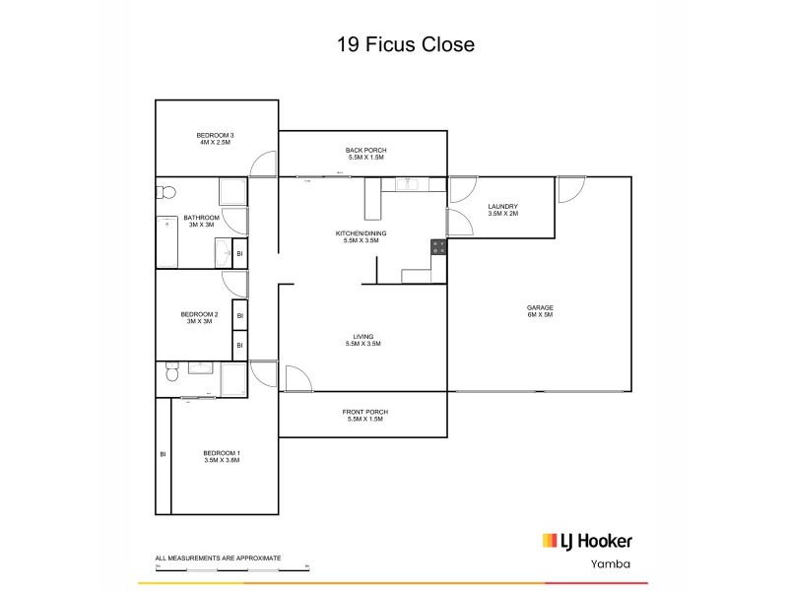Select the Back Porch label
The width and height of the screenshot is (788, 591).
pyautogui.click(x=364, y=154)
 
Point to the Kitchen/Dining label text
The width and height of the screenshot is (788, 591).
pyautogui.click(x=364, y=236)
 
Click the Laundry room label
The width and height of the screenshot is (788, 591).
pyautogui.click(x=503, y=209)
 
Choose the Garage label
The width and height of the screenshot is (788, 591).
pyautogui.click(x=540, y=312)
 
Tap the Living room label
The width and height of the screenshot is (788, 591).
pyautogui.click(x=363, y=340)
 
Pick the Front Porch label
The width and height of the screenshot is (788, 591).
pyautogui.click(x=364, y=415)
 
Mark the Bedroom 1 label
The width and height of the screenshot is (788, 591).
pyautogui.click(x=222, y=456)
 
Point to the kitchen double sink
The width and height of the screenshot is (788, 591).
pyautogui.click(x=408, y=184)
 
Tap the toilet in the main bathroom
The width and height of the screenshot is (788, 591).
pyautogui.click(x=166, y=191)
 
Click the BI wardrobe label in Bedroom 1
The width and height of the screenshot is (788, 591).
pyautogui.click(x=163, y=454)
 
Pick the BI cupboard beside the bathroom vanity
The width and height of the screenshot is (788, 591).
pyautogui.click(x=239, y=255)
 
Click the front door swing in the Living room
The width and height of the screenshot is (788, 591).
pyautogui.click(x=296, y=379)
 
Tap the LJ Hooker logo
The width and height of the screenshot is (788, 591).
pyautogui.click(x=587, y=540)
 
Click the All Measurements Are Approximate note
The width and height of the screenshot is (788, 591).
pyautogui.click(x=218, y=558)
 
